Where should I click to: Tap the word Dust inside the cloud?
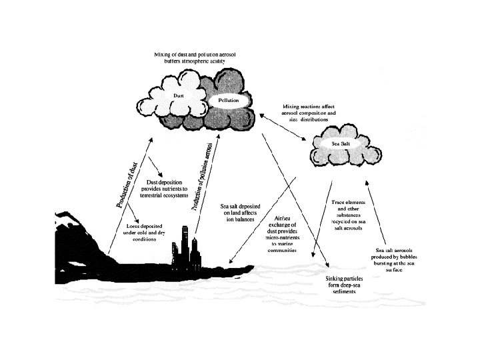(178, 96)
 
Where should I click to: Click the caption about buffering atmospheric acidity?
(191, 57)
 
